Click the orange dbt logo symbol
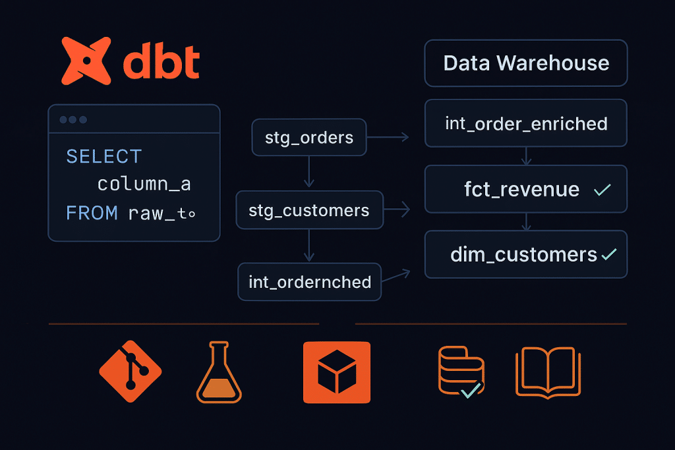click(86, 61)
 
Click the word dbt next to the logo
click(161, 63)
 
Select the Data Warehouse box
click(526, 63)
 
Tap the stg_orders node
click(309, 138)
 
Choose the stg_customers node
click(309, 210)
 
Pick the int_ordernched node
click(310, 282)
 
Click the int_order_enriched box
click(526, 123)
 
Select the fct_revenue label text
click(521, 190)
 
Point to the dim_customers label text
click(523, 254)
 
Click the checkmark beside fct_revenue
click(602, 190)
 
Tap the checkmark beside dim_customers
click(609, 254)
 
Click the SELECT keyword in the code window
click(104, 157)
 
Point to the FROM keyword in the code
click(92, 213)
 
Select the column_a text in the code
click(144, 184)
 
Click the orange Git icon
click(131, 372)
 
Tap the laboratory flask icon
click(219, 372)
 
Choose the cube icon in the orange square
click(337, 372)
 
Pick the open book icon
click(548, 372)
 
